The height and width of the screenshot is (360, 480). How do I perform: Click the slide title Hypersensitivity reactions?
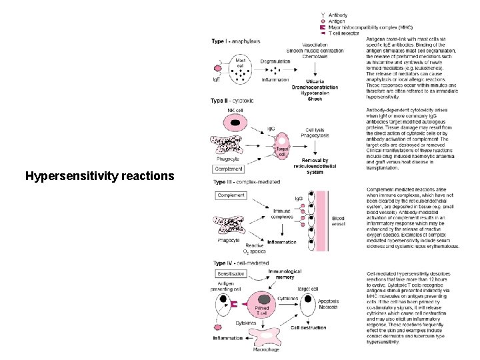pyautogui.click(x=99, y=177)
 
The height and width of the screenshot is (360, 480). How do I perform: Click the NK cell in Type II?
pyautogui.click(x=235, y=122)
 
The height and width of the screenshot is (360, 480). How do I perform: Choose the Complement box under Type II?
pyautogui.click(x=228, y=169)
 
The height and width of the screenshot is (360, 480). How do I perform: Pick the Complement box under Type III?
pyautogui.click(x=231, y=195)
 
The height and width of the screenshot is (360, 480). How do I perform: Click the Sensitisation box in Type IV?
pyautogui.click(x=231, y=274)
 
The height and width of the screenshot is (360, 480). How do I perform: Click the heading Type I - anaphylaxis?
pyautogui.click(x=236, y=41)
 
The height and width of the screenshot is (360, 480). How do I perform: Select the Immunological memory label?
pyautogui.click(x=285, y=273)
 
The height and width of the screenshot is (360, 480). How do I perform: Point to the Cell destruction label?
pyautogui.click(x=308, y=327)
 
